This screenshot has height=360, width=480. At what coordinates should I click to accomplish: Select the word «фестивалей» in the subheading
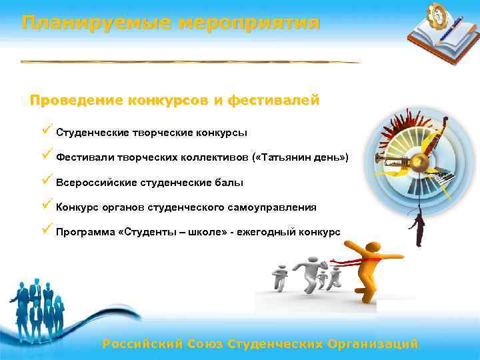[x=273, y=101]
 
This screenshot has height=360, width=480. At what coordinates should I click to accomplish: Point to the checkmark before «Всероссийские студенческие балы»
[x=46, y=181]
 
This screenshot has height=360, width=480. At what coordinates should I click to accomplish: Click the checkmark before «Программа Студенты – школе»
[x=46, y=231]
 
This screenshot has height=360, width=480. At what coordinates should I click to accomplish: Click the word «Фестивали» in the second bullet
[x=85, y=157]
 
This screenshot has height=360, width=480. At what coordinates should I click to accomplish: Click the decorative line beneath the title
[x=190, y=62]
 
